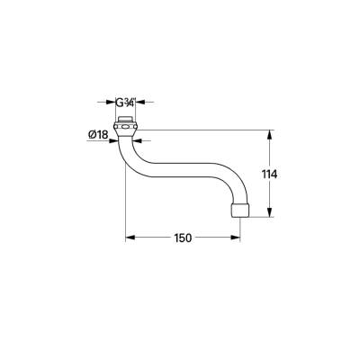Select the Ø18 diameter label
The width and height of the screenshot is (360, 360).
(99, 136)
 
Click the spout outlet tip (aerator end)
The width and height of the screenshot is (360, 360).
(238, 211)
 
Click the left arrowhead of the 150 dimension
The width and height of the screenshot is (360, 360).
(127, 238)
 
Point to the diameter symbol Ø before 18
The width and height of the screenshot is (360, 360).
(92, 136)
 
